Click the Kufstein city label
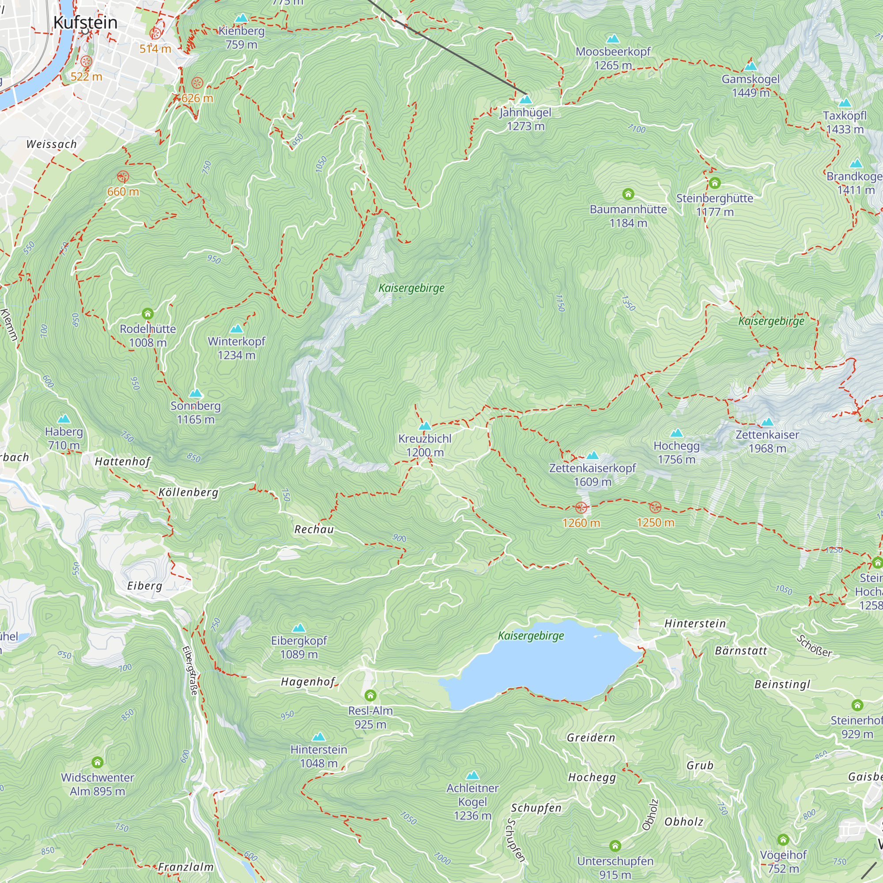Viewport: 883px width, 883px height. click(86, 23)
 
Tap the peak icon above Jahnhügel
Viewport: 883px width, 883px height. click(525, 99)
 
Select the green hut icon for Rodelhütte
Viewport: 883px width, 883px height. click(147, 313)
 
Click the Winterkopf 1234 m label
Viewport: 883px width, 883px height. click(236, 348)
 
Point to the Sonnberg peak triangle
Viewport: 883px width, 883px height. click(196, 393)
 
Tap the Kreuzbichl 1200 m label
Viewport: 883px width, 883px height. click(425, 445)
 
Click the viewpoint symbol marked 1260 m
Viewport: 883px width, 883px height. click(581, 508)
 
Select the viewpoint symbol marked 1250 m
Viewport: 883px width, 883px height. click(655, 507)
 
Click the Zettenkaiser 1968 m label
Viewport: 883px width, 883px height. click(767, 441)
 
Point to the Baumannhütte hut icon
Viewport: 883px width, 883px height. click(628, 194)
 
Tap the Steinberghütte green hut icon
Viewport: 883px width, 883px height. click(715, 183)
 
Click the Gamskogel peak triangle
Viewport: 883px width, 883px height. click(751, 66)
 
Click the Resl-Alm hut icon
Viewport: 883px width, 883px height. click(370, 696)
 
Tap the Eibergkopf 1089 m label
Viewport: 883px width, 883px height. click(299, 647)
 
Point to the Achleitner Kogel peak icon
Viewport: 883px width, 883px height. click(472, 776)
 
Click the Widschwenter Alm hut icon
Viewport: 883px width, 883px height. click(97, 762)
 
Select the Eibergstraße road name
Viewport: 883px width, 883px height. click(190, 671)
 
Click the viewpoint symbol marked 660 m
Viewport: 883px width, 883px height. click(122, 177)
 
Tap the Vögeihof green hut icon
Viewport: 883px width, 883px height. click(783, 840)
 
